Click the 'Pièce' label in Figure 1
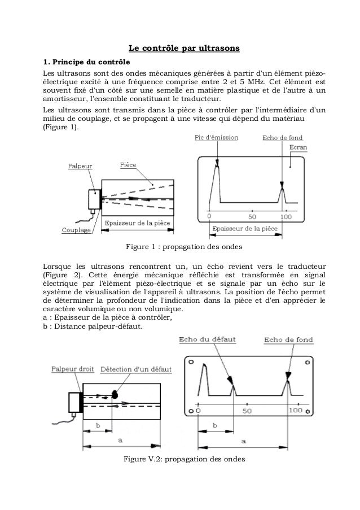[128, 165]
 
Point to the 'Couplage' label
[77, 230]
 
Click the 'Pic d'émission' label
[216, 137]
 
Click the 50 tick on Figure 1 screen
[252, 216]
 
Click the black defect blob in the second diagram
[115, 391]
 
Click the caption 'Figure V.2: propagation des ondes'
[185, 459]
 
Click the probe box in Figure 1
[93, 199]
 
